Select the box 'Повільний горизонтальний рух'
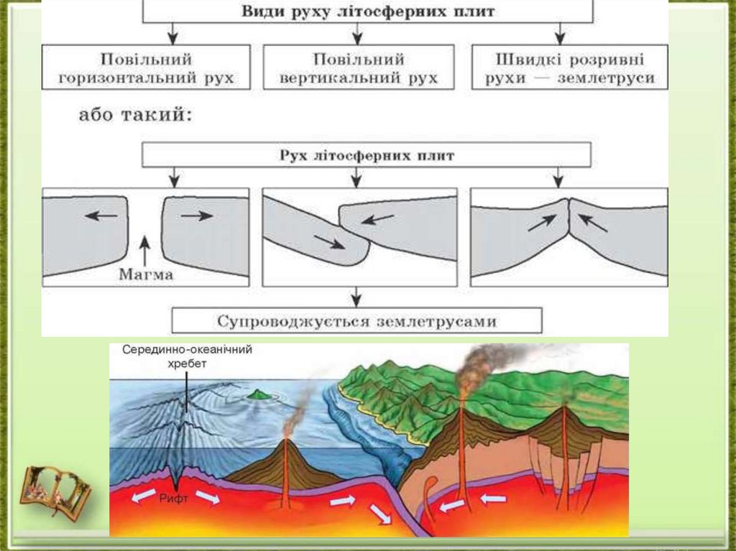click(146, 68)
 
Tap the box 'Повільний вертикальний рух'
click(359, 68)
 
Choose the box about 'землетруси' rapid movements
click(569, 68)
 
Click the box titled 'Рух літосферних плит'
click(367, 154)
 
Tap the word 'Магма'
click(147, 273)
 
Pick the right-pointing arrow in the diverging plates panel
click(196, 215)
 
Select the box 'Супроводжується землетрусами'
click(357, 320)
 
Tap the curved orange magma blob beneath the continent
click(429, 496)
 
